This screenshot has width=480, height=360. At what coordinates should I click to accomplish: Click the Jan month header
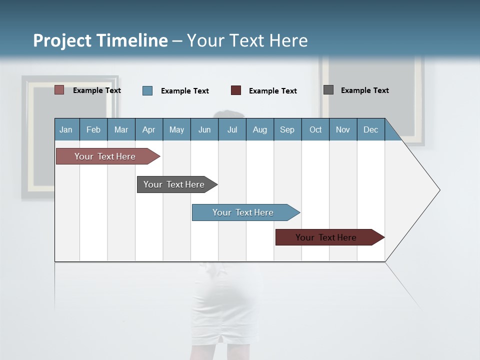pyautogui.click(x=66, y=129)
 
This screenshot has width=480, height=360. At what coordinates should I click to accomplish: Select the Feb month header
pyautogui.click(x=93, y=129)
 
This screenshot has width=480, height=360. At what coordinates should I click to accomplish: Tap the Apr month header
pyautogui.click(x=149, y=129)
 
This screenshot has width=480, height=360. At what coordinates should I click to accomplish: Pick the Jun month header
pyautogui.click(x=204, y=129)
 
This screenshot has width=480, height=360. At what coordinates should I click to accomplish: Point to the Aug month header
pyautogui.click(x=260, y=129)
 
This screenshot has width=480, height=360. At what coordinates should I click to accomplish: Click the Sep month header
pyautogui.click(x=287, y=129)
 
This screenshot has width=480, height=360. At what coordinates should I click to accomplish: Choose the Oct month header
pyautogui.click(x=315, y=129)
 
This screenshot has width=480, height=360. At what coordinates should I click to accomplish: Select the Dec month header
pyautogui.click(x=371, y=129)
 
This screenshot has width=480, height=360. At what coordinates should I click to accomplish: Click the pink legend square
pyautogui.click(x=59, y=90)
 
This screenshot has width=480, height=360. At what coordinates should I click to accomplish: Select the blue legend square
pyautogui.click(x=147, y=90)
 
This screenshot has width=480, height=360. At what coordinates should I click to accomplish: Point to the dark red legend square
pyautogui.click(x=236, y=90)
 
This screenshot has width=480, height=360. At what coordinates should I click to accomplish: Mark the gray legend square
pyautogui.click(x=328, y=90)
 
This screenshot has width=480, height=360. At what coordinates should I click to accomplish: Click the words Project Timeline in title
pyautogui.click(x=100, y=40)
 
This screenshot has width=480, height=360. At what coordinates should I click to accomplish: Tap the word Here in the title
pyautogui.click(x=288, y=40)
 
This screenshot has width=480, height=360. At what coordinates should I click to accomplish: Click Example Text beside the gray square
pyautogui.click(x=364, y=90)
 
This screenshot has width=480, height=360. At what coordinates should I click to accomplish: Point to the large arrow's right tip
pyautogui.click(x=438, y=190)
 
